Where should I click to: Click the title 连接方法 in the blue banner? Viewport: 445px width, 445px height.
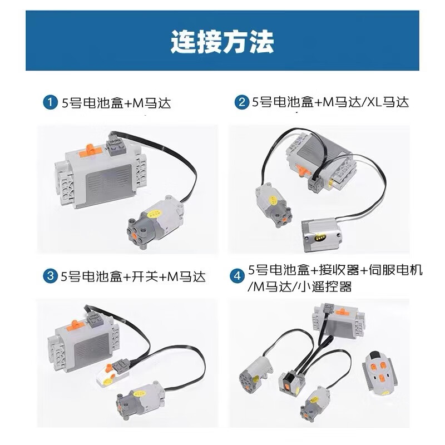tap(222, 41)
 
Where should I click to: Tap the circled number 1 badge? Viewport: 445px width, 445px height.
tap(51, 103)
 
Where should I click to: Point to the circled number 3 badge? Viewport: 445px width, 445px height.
tap(51, 276)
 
